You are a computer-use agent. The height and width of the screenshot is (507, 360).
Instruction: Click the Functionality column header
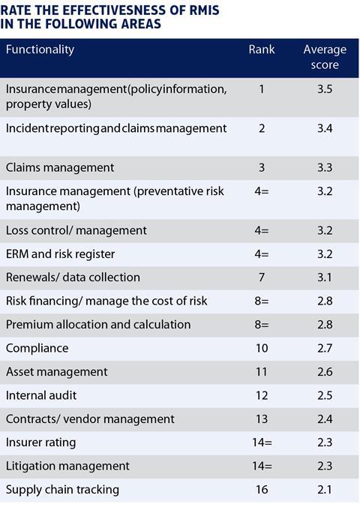pyautogui.click(x=40, y=49)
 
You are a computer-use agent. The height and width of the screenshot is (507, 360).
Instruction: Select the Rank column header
pyautogui.click(x=262, y=49)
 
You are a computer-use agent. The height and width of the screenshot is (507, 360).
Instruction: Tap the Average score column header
pyautogui.click(x=325, y=57)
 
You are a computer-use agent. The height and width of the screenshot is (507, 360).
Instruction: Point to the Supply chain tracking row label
pyautogui.click(x=62, y=490)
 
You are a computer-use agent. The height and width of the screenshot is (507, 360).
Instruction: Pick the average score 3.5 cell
pyautogui.click(x=325, y=89)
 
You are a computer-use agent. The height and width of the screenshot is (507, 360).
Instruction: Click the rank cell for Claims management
pyautogui.click(x=262, y=168)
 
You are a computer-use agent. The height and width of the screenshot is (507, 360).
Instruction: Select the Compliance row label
pyautogui.click(x=37, y=349)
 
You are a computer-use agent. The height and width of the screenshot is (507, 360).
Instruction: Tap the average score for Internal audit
pyautogui.click(x=325, y=395)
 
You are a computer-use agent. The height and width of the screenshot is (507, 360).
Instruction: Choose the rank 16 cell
pyautogui.click(x=262, y=490)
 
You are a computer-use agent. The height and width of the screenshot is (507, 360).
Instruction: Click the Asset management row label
pyautogui.click(x=56, y=372)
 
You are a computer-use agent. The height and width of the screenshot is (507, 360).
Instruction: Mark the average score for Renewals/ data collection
pyautogui.click(x=325, y=277)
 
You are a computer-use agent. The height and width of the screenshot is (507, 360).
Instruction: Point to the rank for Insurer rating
pyautogui.click(x=262, y=442)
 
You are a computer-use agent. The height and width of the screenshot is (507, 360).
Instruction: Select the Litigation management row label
pyautogui.click(x=67, y=466)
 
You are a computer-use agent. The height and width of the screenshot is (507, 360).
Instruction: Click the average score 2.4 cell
pyautogui.click(x=325, y=419)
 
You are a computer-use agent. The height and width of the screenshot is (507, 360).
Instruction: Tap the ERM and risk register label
pyautogui.click(x=60, y=254)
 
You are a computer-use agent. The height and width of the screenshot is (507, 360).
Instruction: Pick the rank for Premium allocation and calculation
pyautogui.click(x=262, y=325)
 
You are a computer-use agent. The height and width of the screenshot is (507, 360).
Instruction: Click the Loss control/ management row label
pyautogui.click(x=76, y=230)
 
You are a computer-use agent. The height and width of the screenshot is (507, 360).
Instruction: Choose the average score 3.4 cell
pyautogui.click(x=325, y=128)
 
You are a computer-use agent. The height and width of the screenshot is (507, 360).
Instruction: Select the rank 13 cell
pyautogui.click(x=262, y=419)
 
